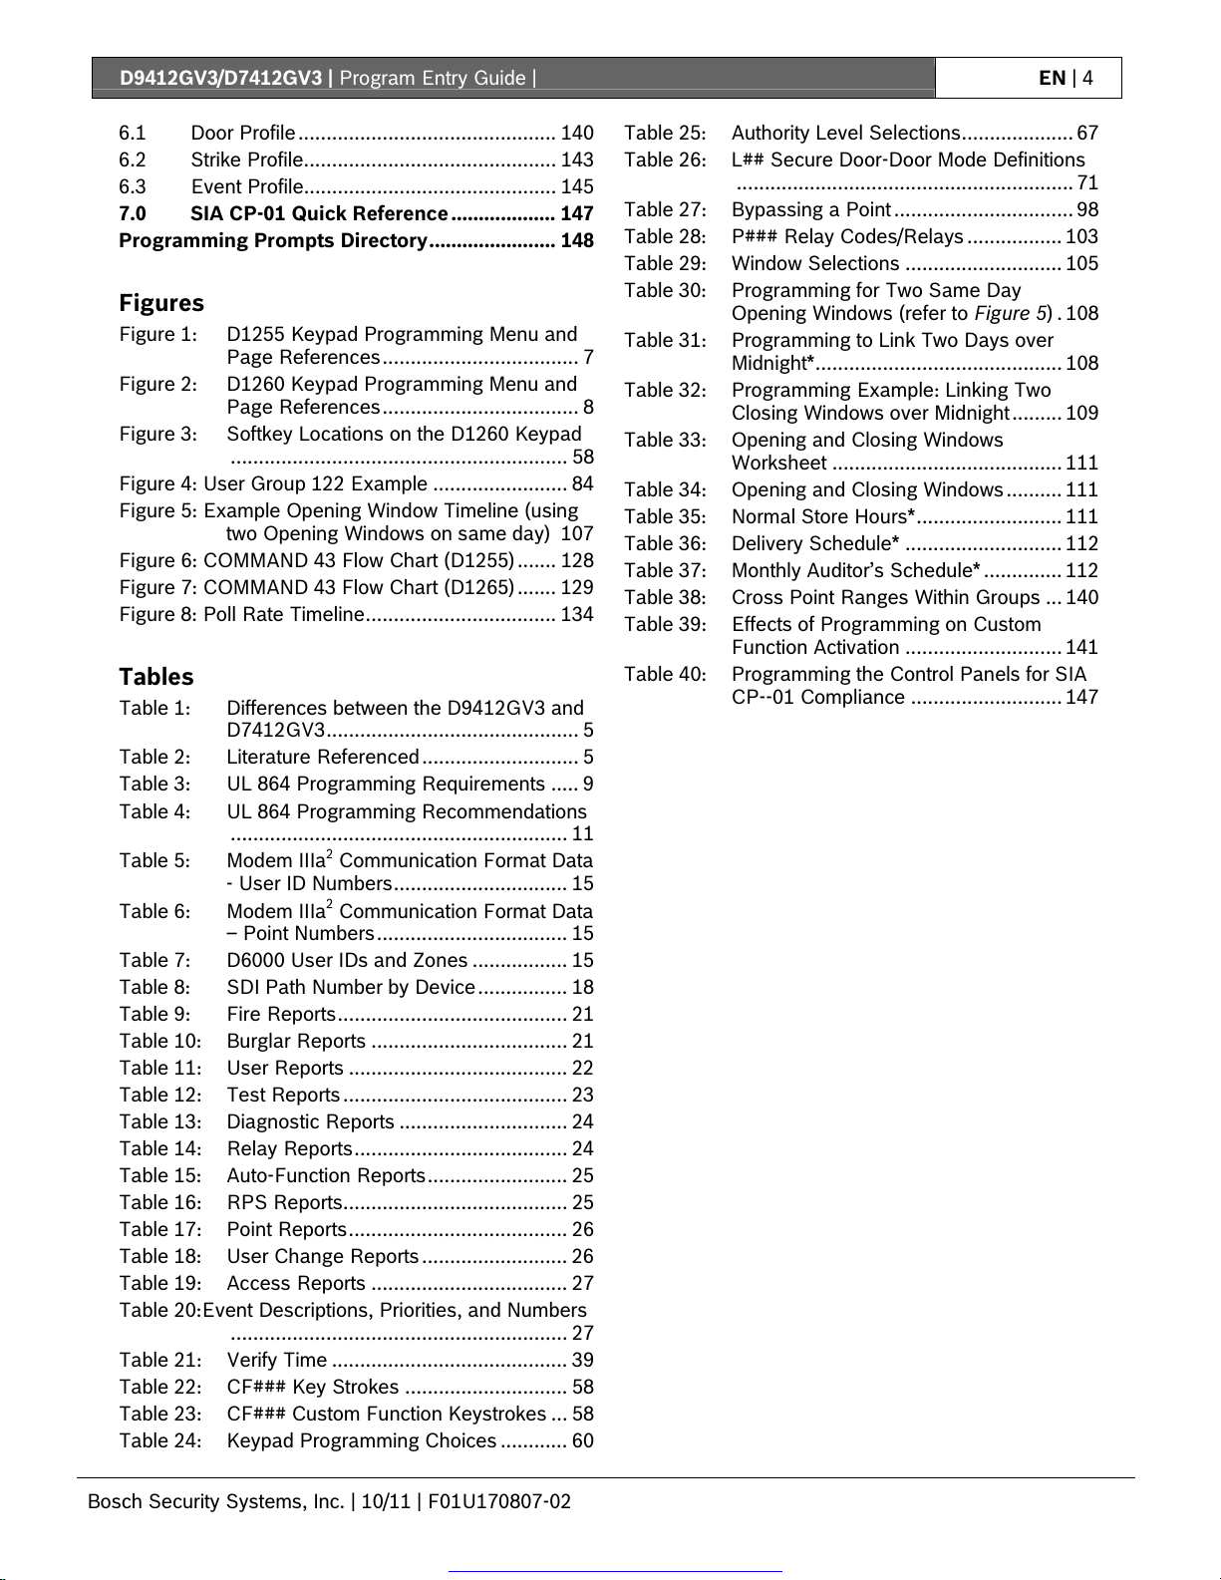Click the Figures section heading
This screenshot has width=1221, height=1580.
(161, 303)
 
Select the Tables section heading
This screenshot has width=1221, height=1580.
(156, 677)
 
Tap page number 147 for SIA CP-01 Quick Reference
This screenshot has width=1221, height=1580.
(576, 213)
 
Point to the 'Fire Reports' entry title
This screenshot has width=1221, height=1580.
(281, 1014)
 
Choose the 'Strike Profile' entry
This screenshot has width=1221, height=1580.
(247, 159)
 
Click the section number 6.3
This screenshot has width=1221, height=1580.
(133, 186)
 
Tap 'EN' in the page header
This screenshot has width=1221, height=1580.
(1052, 78)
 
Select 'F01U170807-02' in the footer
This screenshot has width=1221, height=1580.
(499, 1501)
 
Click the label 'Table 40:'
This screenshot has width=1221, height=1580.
(665, 674)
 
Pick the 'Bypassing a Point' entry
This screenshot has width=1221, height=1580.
(811, 209)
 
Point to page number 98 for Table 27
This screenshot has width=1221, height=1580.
(1087, 209)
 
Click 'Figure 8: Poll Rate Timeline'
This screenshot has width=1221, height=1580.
(242, 614)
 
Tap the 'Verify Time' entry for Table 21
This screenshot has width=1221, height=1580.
(277, 1360)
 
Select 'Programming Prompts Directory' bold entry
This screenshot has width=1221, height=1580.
(273, 240)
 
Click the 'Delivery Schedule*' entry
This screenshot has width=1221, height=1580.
(815, 543)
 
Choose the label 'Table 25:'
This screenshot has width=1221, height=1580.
(665, 133)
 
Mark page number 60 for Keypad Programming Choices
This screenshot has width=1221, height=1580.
(582, 1440)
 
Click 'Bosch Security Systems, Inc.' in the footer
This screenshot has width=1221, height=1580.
(215, 1501)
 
